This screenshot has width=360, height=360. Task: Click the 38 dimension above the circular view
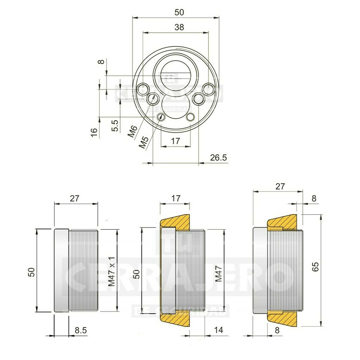(179, 27)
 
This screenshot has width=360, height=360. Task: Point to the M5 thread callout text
(143, 142)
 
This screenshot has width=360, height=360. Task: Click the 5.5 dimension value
(115, 125)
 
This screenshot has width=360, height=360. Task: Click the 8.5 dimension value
(81, 330)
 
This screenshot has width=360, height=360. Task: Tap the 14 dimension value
(218, 330)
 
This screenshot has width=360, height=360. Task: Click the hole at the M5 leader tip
(161, 117)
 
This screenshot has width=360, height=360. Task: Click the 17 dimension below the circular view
(175, 141)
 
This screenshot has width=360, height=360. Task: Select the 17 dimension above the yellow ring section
(175, 198)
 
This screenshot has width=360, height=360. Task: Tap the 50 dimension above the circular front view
(179, 12)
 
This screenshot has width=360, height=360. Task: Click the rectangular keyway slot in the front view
(175, 77)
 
